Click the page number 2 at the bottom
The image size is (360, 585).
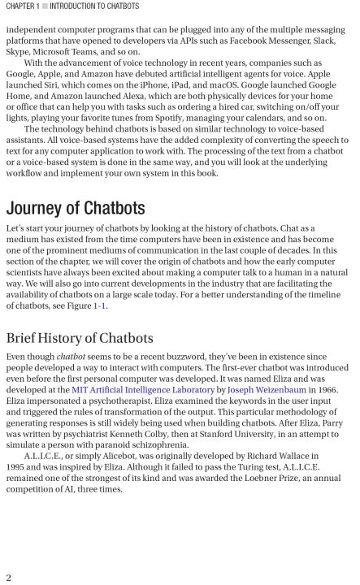[x=7, y=576]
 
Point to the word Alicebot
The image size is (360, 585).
[x=118, y=457]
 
